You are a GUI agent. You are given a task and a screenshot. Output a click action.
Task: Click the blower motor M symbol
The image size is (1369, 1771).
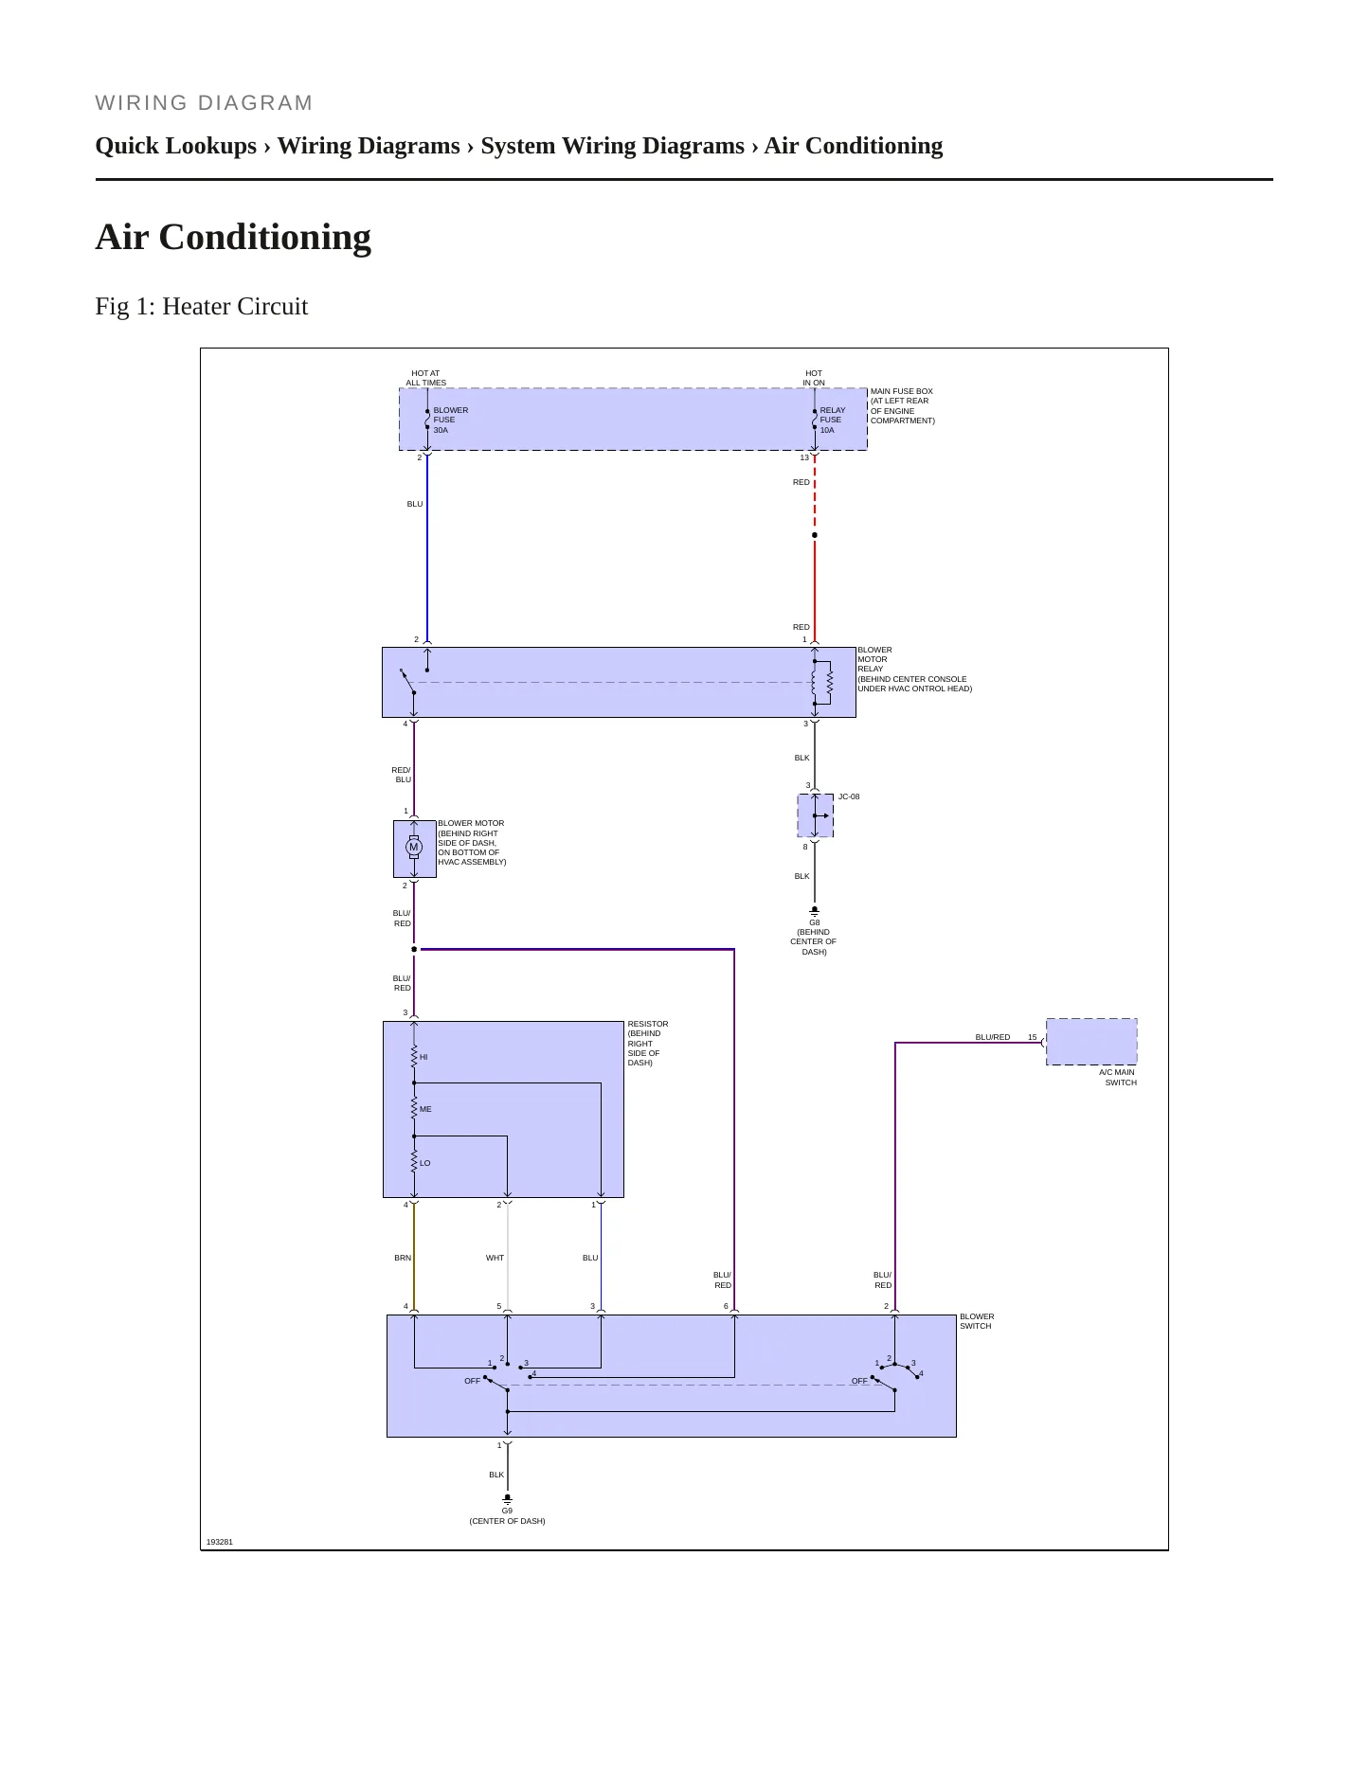click(x=414, y=848)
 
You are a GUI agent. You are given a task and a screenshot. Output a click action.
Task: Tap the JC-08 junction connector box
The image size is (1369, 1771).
click(x=815, y=815)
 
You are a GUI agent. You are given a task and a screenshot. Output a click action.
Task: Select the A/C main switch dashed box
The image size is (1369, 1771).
click(x=1091, y=1042)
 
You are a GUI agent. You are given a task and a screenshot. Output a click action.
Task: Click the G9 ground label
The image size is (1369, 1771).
click(x=508, y=1511)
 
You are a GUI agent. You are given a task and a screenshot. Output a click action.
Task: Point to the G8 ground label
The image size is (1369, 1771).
click(x=815, y=922)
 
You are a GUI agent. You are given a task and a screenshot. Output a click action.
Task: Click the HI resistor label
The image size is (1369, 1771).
click(x=423, y=1057)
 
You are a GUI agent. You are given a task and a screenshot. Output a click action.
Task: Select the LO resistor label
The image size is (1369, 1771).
click(x=425, y=1163)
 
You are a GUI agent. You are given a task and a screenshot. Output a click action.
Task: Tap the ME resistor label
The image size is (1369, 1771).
click(x=425, y=1109)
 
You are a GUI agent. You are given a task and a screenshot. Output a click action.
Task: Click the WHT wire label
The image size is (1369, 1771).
click(x=495, y=1258)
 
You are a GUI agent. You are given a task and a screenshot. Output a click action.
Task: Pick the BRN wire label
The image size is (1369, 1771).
click(x=403, y=1258)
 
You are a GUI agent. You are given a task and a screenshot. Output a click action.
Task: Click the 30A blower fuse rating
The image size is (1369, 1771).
click(x=441, y=430)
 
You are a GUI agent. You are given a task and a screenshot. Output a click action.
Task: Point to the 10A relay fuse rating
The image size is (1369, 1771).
click(x=827, y=430)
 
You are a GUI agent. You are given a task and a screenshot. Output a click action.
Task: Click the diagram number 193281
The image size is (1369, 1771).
click(x=220, y=1542)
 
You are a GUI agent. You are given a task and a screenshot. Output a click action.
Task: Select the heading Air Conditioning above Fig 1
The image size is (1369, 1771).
click(x=233, y=237)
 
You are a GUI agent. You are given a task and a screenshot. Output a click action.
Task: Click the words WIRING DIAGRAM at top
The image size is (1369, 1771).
click(x=204, y=103)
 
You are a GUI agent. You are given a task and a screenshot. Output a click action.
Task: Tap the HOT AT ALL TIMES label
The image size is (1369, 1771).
click(x=426, y=378)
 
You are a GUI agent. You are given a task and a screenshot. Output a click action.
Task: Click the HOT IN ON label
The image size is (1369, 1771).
click(x=814, y=378)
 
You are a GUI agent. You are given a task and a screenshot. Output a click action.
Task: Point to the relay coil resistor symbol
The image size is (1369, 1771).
click(x=830, y=683)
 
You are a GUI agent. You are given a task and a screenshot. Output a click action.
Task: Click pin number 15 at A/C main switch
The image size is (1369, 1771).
click(x=1033, y=1037)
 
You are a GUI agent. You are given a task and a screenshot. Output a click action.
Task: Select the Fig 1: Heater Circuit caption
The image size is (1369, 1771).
click(x=202, y=306)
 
